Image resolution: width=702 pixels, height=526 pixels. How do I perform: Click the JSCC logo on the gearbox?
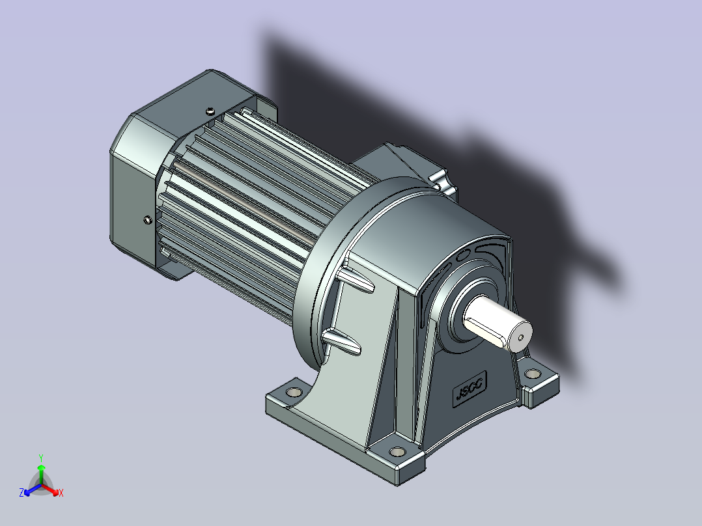point(470,389)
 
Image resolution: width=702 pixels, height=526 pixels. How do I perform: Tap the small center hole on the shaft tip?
point(520,338)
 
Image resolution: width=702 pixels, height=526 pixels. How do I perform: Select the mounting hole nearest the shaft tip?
point(533,374)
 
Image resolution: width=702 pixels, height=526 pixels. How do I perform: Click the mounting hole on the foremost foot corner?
point(397,451)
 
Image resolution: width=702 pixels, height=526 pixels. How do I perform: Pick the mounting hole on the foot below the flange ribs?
point(294,392)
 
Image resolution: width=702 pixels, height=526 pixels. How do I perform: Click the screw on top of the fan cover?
point(210,111)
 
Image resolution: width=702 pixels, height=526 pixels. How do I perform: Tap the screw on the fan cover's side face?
point(148,220)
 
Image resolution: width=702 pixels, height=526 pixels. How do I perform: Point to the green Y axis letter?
point(41,458)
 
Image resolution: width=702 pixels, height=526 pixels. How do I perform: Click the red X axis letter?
point(61,493)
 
